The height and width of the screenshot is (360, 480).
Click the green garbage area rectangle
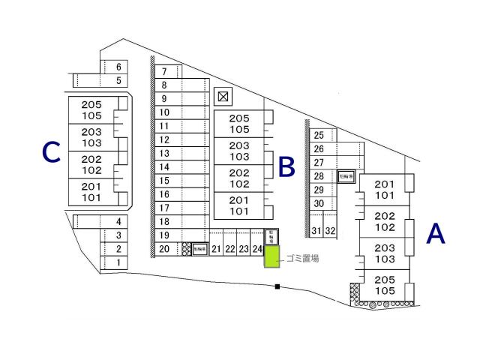[x=271, y=257]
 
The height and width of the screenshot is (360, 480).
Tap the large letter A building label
[x=436, y=235]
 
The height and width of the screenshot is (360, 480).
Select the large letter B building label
[x=286, y=166]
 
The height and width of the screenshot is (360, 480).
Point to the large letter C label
[x=50, y=153]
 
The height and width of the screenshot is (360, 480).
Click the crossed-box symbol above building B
[x=222, y=96]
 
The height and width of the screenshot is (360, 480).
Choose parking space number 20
[x=164, y=249]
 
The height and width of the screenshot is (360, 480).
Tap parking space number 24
[x=257, y=249]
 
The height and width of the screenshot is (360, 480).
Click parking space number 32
[x=331, y=231]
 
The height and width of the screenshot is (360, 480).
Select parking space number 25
[x=319, y=136]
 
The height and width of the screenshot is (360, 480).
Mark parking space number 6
[x=118, y=67]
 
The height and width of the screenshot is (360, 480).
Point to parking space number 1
[x=118, y=262]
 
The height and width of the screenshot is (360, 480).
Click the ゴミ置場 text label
[x=302, y=258]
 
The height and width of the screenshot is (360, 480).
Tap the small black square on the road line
[x=277, y=286]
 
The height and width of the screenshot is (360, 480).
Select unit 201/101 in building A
[x=384, y=190]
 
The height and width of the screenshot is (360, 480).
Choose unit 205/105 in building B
[x=239, y=124]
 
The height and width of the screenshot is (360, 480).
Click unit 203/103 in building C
[x=91, y=137]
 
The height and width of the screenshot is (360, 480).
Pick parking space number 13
[x=165, y=153]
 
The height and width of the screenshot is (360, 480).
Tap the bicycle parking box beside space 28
[x=346, y=177]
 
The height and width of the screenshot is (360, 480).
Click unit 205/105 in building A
[x=384, y=285]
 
